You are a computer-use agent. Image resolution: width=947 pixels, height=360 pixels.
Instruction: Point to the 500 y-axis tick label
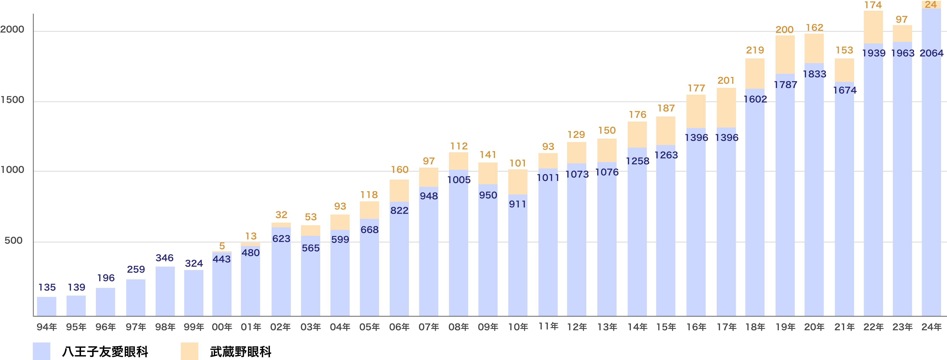[x=14, y=241]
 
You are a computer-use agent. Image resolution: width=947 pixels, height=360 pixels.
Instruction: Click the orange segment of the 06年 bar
[x=399, y=190]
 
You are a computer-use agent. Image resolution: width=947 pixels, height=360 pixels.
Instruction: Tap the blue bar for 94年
[x=47, y=306]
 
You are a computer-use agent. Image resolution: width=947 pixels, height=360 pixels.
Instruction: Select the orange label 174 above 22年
[x=873, y=5]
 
